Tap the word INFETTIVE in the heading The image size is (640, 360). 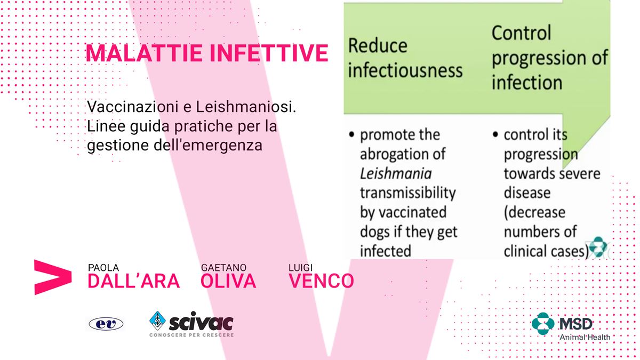coord(269,53)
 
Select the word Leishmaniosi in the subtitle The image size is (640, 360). coord(246,107)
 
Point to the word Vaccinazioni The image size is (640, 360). coord(133,107)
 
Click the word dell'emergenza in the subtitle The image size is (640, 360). coord(208,145)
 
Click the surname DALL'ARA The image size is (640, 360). coord(134,281)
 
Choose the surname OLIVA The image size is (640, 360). coord(228,281)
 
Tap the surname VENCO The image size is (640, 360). coord(321,281)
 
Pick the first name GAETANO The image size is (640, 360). coord(223,268)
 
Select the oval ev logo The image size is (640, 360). coord(106,324)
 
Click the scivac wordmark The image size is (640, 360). coord(201,322)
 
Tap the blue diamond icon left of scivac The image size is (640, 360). coord(157,321)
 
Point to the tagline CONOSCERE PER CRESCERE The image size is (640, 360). coord(191,335)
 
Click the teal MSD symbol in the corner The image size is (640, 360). coord(543,324)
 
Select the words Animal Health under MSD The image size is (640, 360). coord(585,338)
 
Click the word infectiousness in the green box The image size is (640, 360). coord(405,70)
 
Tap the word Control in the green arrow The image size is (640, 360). coord(522,33)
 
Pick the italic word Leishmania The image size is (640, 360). coord(396,174)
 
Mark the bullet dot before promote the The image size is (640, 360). coord(351,134)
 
